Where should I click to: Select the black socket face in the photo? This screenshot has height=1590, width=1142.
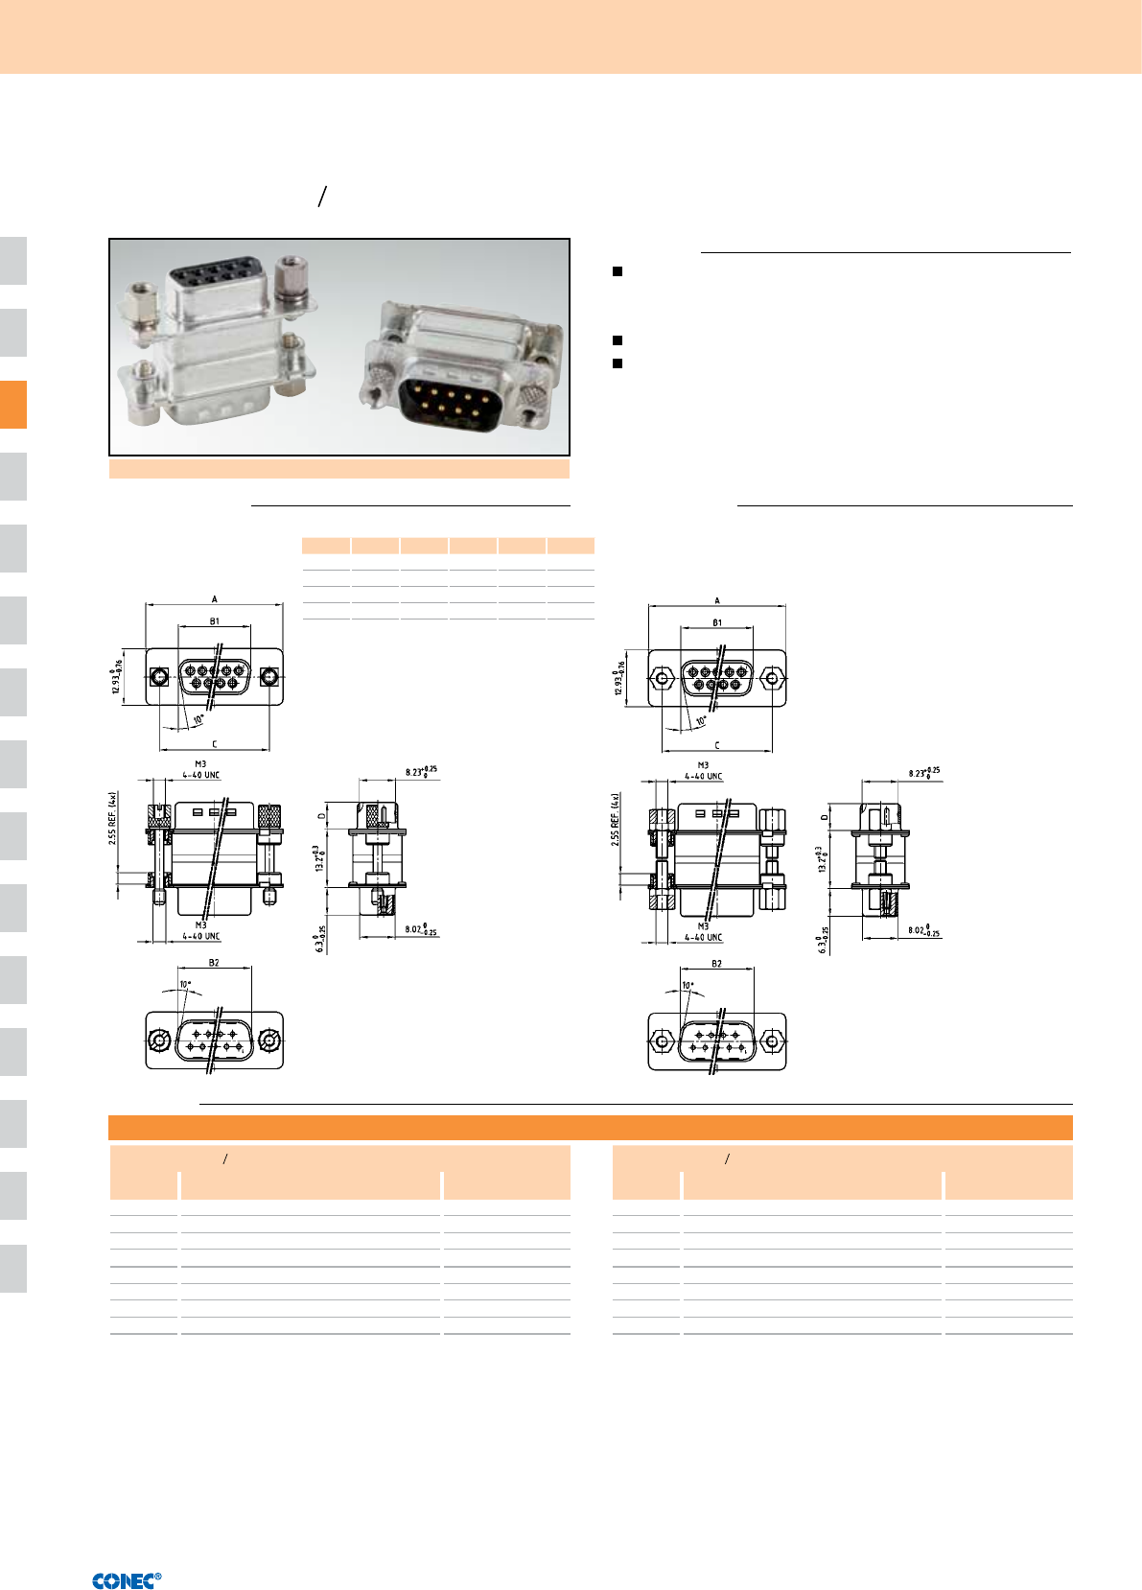214,278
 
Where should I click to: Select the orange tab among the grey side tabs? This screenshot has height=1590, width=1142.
13,404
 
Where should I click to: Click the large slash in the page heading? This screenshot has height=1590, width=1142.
323,197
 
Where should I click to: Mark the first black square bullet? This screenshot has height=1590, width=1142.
618,271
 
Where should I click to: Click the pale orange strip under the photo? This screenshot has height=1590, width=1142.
338,469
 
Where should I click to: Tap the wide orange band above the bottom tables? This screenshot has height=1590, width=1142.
590,1128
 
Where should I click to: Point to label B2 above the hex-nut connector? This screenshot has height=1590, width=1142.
716,964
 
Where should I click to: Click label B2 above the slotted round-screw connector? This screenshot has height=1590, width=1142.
214,963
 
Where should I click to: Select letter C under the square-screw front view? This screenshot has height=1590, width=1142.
214,744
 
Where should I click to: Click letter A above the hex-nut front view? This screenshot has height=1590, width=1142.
716,601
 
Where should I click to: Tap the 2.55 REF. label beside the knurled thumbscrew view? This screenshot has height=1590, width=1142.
113,817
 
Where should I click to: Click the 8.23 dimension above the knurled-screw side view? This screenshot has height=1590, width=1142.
420,771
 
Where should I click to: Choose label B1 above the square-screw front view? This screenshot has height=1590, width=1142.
214,621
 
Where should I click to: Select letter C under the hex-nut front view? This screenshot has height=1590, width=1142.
716,745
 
